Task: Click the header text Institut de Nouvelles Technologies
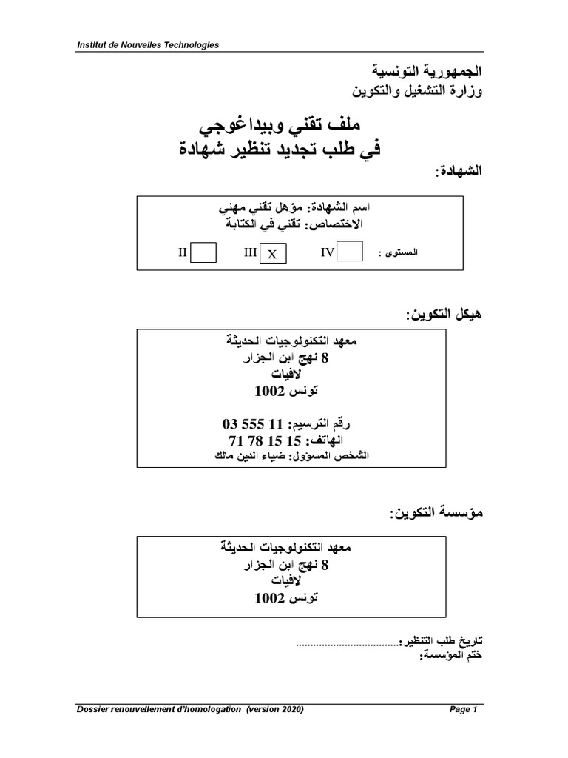[148, 45]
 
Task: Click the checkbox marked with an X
[272, 254]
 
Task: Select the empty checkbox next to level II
[203, 252]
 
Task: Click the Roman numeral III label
[250, 253]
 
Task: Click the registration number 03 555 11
[252, 425]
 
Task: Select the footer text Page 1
[464, 710]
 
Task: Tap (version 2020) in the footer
[275, 710]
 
